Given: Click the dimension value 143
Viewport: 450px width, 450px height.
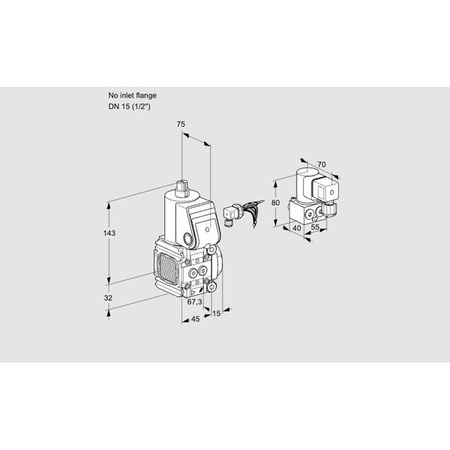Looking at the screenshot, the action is coord(109,233).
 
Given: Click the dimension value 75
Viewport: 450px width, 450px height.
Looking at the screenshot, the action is coord(181,124).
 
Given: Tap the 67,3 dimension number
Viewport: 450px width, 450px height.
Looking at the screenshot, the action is coord(194,301).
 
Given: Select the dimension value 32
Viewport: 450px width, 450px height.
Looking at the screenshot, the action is coord(108,298).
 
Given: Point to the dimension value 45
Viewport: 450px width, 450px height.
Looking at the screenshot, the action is coord(195,319).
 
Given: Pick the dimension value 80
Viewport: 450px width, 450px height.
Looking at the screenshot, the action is coord(275,202).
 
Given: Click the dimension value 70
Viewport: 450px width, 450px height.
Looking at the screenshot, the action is coord(322,164).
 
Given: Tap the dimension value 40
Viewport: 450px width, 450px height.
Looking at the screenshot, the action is coord(297,228).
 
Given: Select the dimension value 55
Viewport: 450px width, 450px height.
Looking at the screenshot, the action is coord(315,226).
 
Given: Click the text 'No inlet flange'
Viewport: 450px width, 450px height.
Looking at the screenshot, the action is coord(132,95).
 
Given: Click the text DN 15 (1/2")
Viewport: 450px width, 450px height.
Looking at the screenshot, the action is coord(129,106).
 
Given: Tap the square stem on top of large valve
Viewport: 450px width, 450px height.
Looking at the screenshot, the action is coord(181,188).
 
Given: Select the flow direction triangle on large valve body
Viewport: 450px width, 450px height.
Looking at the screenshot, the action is coord(193,292).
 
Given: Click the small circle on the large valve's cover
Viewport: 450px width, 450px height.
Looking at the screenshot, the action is coord(208,229).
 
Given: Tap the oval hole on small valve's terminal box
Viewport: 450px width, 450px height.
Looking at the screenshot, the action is coord(332,192).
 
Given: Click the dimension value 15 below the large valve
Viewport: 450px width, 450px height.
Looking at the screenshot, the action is coord(216,313).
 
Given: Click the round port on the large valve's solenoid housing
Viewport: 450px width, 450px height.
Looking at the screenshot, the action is coord(188,238).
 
